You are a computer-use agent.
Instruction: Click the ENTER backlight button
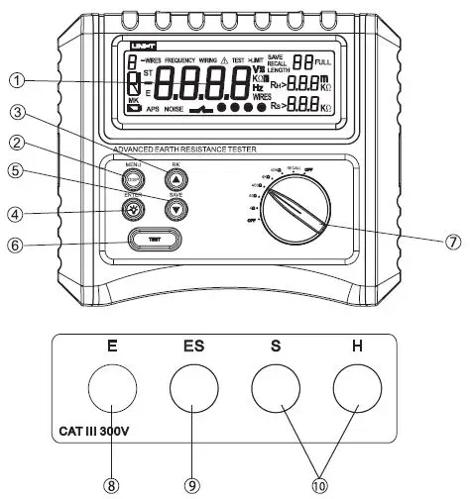pyautogui.click(x=134, y=210)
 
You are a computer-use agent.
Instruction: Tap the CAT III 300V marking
pyautogui.click(x=88, y=432)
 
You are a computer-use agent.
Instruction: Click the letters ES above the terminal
pyautogui.click(x=195, y=349)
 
